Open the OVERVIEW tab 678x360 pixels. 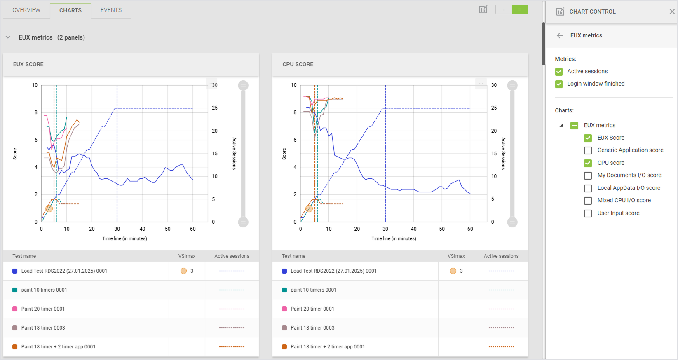tap(26, 10)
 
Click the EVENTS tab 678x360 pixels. tap(111, 10)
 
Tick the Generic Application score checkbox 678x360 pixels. tap(588, 150)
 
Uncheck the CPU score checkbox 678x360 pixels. tap(588, 163)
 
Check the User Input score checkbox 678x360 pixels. tap(588, 213)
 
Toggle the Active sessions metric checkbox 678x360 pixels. tap(559, 72)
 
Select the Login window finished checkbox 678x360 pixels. tap(559, 84)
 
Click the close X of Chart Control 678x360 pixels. tap(672, 12)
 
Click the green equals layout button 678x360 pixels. tap(520, 9)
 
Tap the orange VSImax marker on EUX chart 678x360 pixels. tap(49, 208)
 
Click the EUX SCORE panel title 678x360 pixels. tap(28, 64)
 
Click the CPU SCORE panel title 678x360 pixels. tap(298, 64)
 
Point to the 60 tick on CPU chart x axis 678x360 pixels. tap(470, 229)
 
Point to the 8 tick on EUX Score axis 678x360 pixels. tap(36, 112)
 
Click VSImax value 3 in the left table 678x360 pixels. tap(192, 271)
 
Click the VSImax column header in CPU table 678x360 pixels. tap(456, 256)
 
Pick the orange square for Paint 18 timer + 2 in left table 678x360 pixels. tap(15, 347)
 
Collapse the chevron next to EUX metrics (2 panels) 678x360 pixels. tap(8, 37)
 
